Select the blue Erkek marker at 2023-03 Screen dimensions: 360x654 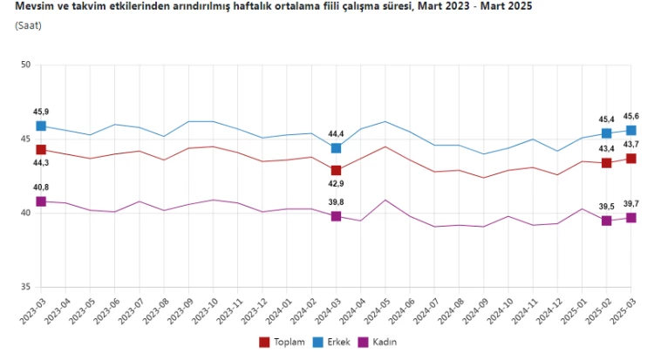pyautogui.click(x=41, y=126)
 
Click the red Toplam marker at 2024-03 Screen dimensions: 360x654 pyautogui.click(x=336, y=170)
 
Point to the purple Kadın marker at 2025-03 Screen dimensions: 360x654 pyautogui.click(x=630, y=218)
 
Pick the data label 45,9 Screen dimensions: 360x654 pyautogui.click(x=41, y=112)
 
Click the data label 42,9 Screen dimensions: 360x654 pyautogui.click(x=336, y=185)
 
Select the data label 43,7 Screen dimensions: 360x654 pyautogui.click(x=630, y=145)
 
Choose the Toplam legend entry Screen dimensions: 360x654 pyautogui.click(x=283, y=342)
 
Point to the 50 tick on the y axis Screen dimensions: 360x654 pyautogui.click(x=25, y=65)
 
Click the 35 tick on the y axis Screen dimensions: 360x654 pyautogui.click(x=25, y=288)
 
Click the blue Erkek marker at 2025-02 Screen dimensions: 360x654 pyautogui.click(x=606, y=133)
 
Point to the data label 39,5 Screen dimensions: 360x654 pyautogui.click(x=606, y=207)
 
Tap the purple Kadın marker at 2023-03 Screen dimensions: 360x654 pyautogui.click(x=41, y=201)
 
